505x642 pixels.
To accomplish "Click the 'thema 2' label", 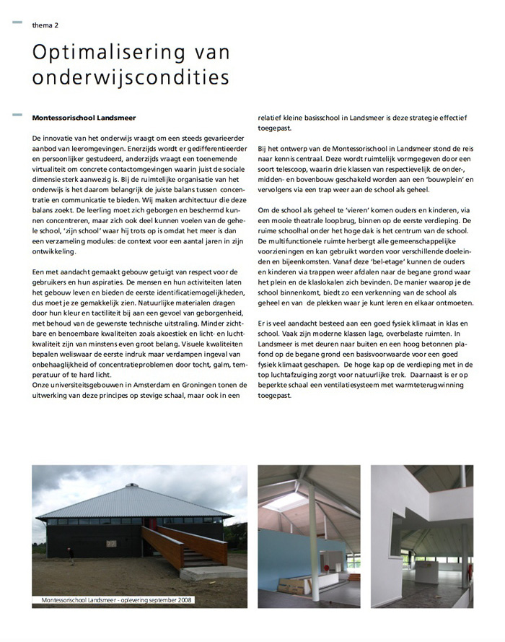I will (x=45, y=25).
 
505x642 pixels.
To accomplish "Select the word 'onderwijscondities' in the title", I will (x=131, y=77).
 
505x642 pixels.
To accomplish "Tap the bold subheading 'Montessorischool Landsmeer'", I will (x=84, y=117).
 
